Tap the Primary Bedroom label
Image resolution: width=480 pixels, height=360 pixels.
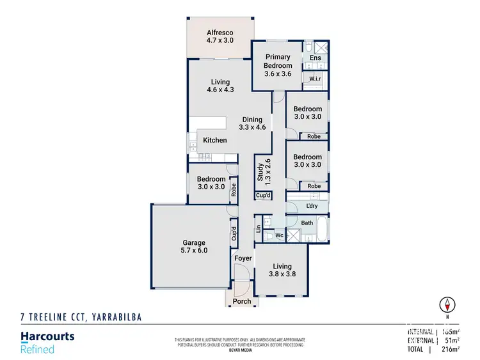(278, 65)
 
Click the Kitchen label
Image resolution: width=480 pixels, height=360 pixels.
(215, 140)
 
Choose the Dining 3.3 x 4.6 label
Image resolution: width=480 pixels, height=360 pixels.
(252, 123)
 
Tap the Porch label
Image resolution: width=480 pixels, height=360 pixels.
(241, 301)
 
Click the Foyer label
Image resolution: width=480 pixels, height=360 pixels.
(243, 258)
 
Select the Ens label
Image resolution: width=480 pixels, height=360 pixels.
(315, 58)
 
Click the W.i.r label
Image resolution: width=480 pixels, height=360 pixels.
(314, 79)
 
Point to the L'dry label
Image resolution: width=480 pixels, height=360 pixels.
(312, 205)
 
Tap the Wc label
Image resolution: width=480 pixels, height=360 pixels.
(279, 235)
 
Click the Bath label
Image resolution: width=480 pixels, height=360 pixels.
(307, 223)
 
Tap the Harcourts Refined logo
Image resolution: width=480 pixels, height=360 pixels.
(48, 342)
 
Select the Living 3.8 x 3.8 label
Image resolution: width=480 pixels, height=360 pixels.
(282, 270)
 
